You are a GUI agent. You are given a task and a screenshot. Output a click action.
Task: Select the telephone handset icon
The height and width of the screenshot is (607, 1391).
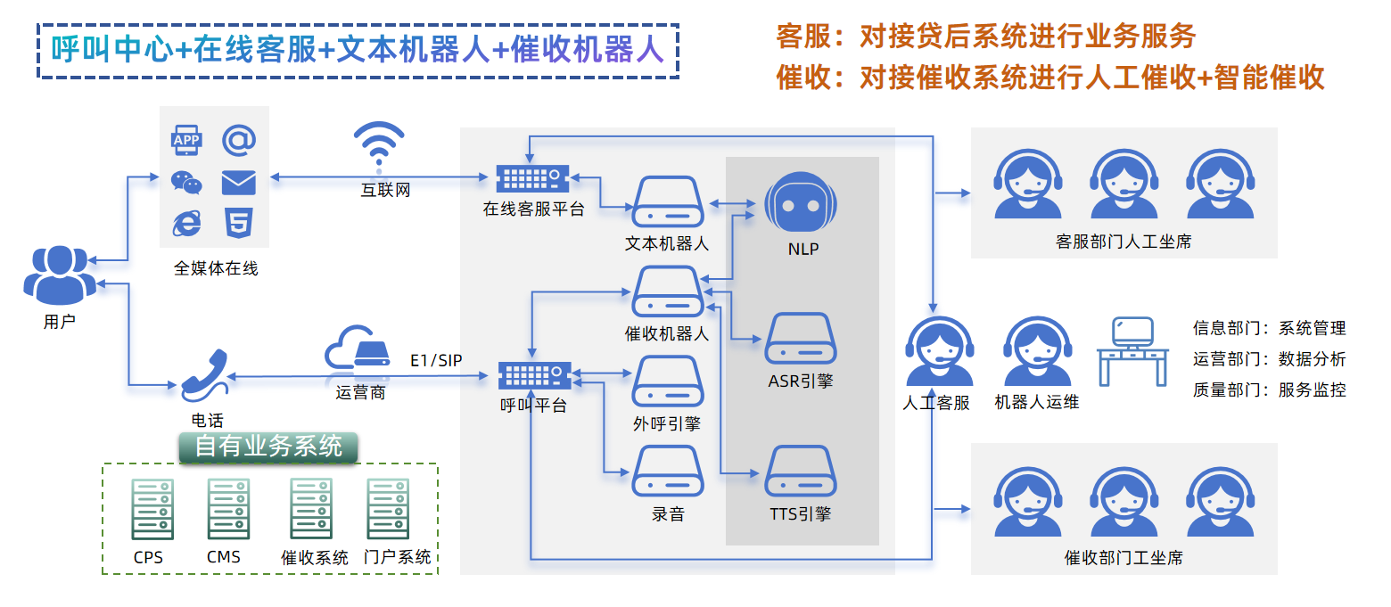pos(206,376)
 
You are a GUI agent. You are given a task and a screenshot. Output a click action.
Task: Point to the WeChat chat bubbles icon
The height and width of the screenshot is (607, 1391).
pos(186,182)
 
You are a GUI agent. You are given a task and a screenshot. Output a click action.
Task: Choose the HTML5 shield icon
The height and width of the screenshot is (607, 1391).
pos(238,223)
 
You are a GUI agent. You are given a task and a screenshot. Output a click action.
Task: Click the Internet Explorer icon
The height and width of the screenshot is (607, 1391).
pos(186,223)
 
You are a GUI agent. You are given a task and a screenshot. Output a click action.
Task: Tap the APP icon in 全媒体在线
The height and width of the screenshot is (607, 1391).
pos(186,141)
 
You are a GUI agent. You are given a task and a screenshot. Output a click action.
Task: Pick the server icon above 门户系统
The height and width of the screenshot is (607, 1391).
pos(388,509)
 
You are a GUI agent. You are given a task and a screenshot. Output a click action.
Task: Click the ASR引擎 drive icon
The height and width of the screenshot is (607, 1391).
pos(801,339)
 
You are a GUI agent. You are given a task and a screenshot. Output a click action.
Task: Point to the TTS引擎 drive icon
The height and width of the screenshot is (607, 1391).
pos(801,471)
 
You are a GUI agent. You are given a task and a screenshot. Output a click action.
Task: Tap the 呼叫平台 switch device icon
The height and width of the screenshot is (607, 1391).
pos(533,375)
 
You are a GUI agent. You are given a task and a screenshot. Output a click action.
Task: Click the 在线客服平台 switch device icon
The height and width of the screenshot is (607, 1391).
pos(532,179)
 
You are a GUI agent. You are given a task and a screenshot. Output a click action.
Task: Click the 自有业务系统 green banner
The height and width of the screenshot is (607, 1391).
pos(268,447)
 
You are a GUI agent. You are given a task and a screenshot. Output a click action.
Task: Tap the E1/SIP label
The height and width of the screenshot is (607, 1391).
pos(436,360)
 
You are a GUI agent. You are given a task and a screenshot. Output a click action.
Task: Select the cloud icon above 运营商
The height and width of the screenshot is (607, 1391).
pos(357,349)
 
